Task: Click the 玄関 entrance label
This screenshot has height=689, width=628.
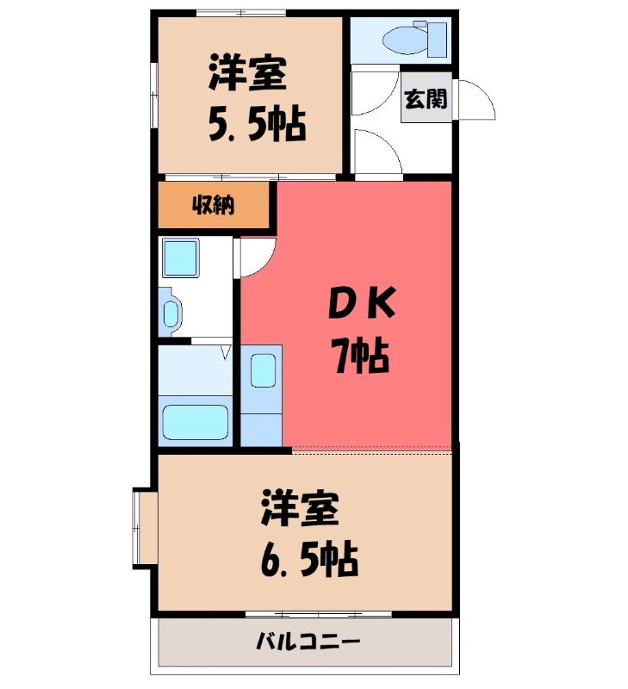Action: tap(426, 99)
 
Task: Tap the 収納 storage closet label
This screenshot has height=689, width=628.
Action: tap(213, 206)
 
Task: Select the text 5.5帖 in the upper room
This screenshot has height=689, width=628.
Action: tap(256, 126)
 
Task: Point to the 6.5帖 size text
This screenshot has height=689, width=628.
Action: tap(308, 562)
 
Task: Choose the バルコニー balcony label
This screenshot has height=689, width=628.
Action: tap(307, 642)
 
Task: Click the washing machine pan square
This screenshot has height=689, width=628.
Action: tap(182, 257)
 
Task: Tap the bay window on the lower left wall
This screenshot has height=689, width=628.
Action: tap(143, 529)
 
